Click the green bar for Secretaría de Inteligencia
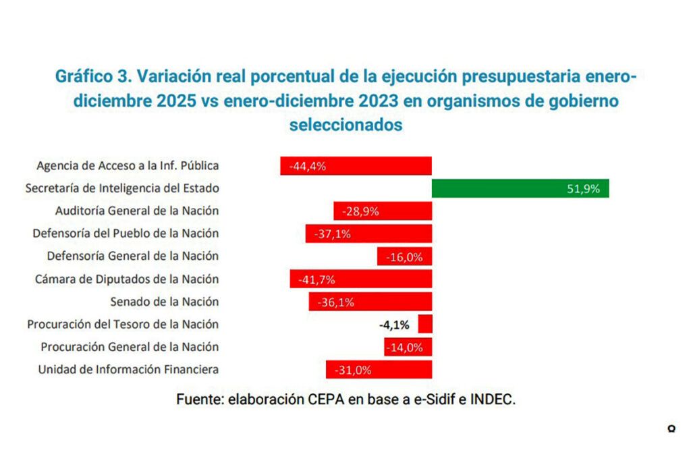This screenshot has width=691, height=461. (x=520, y=188)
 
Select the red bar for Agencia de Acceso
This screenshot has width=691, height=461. (x=356, y=166)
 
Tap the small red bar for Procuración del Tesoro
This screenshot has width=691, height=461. (x=425, y=325)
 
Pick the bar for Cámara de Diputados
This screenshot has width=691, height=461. (x=360, y=279)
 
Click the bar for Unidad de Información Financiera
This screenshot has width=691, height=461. (x=378, y=370)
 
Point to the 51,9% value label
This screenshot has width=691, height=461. (x=584, y=189)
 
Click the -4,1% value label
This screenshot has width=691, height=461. (x=394, y=325)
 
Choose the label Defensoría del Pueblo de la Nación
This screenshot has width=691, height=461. (x=126, y=234)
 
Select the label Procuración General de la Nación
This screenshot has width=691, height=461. (x=130, y=347)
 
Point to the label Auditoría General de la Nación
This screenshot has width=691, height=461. (x=137, y=211)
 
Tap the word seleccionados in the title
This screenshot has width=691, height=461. (x=345, y=125)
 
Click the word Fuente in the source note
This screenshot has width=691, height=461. (x=198, y=399)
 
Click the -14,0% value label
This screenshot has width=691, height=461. (x=405, y=348)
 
